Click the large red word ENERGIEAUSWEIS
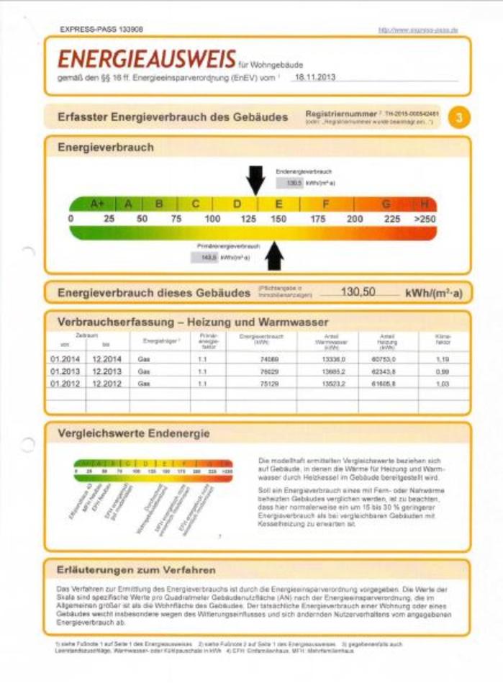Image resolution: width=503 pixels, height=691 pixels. click(147, 58)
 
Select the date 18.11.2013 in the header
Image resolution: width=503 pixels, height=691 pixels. click(315, 76)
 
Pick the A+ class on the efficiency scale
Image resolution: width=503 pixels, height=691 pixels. click(98, 204)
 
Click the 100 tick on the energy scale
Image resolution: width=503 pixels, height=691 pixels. click(212, 218)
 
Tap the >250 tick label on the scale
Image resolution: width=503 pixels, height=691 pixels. click(425, 218)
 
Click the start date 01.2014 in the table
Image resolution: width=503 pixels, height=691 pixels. click(65, 357)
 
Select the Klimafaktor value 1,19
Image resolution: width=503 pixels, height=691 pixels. click(443, 357)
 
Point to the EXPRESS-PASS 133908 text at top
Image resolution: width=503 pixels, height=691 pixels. click(101, 30)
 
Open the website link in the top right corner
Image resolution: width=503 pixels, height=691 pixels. click(418, 30)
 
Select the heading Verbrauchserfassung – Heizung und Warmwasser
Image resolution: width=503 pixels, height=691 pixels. click(193, 322)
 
